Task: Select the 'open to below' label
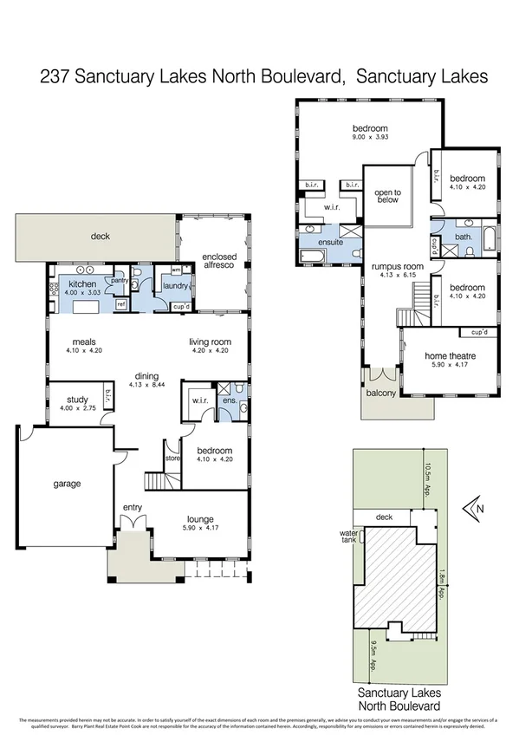click(x=387, y=198)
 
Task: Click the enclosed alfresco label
click(x=213, y=262)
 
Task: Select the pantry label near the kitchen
click(x=120, y=280)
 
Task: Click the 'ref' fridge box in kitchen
click(x=120, y=304)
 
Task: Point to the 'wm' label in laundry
click(x=164, y=270)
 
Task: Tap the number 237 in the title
click(x=57, y=76)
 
